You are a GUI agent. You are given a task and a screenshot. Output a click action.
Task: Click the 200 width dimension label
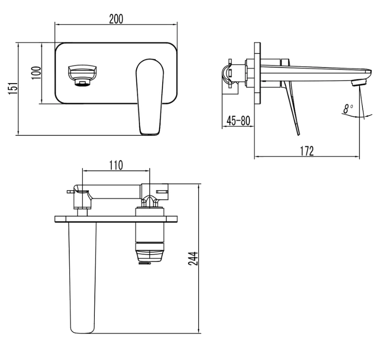click(116, 19)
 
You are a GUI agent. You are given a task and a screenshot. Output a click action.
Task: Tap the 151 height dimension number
click(13, 89)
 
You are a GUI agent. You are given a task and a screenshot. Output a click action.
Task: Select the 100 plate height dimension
click(36, 73)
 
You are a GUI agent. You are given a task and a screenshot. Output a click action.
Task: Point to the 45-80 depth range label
click(238, 121)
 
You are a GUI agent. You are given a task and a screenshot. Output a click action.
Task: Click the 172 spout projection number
click(307, 151)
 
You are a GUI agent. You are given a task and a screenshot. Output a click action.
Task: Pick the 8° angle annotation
click(348, 109)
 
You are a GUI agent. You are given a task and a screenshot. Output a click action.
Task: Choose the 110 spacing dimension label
click(116, 165)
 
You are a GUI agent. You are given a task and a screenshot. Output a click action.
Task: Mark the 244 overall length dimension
click(193, 259)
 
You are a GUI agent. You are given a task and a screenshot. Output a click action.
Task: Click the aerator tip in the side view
click(359, 83)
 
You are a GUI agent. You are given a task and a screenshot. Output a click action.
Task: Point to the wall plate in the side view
click(258, 73)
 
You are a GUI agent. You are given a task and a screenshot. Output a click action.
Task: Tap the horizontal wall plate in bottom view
click(116, 219)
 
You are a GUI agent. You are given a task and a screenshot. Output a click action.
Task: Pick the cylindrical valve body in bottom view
click(150, 225)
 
